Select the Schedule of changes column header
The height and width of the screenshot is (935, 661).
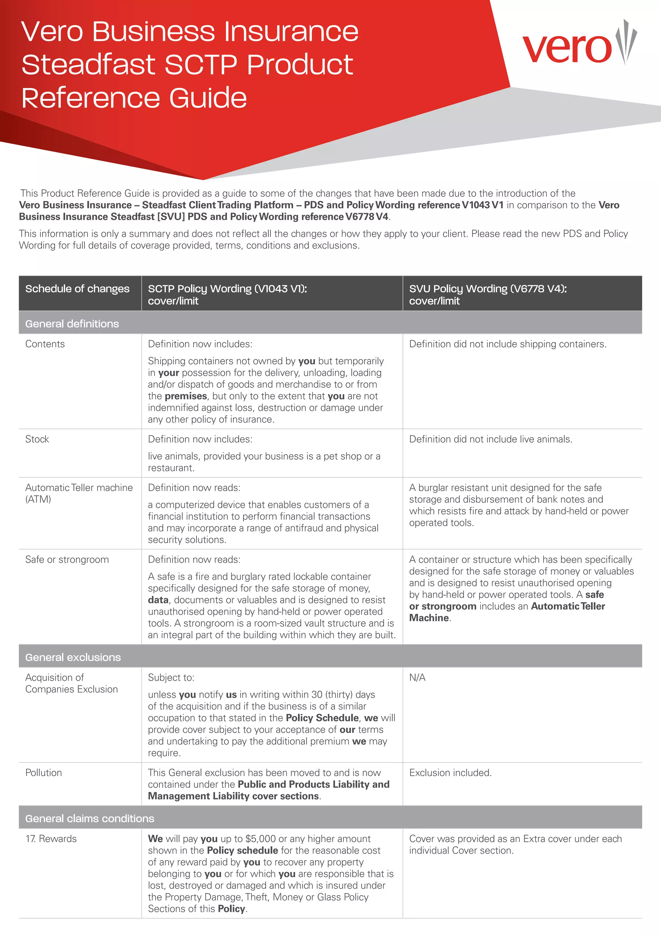[77, 289]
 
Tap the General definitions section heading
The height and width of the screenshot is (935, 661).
[72, 324]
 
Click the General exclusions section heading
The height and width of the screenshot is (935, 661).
[73, 657]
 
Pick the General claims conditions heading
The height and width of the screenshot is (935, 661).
[89, 818]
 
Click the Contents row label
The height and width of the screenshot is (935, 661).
[45, 344]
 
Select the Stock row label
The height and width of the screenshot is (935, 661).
[37, 439]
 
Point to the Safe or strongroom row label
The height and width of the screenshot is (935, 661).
[67, 560]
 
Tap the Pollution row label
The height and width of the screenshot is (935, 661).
[44, 773]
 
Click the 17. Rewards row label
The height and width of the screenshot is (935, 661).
[51, 839]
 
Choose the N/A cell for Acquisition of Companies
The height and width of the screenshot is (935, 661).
[417, 678]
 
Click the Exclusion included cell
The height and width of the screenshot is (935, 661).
[450, 773]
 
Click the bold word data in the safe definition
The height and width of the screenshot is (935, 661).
[158, 600]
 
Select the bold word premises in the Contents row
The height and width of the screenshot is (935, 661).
[186, 396]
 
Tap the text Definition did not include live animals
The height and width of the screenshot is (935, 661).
[491, 439]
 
